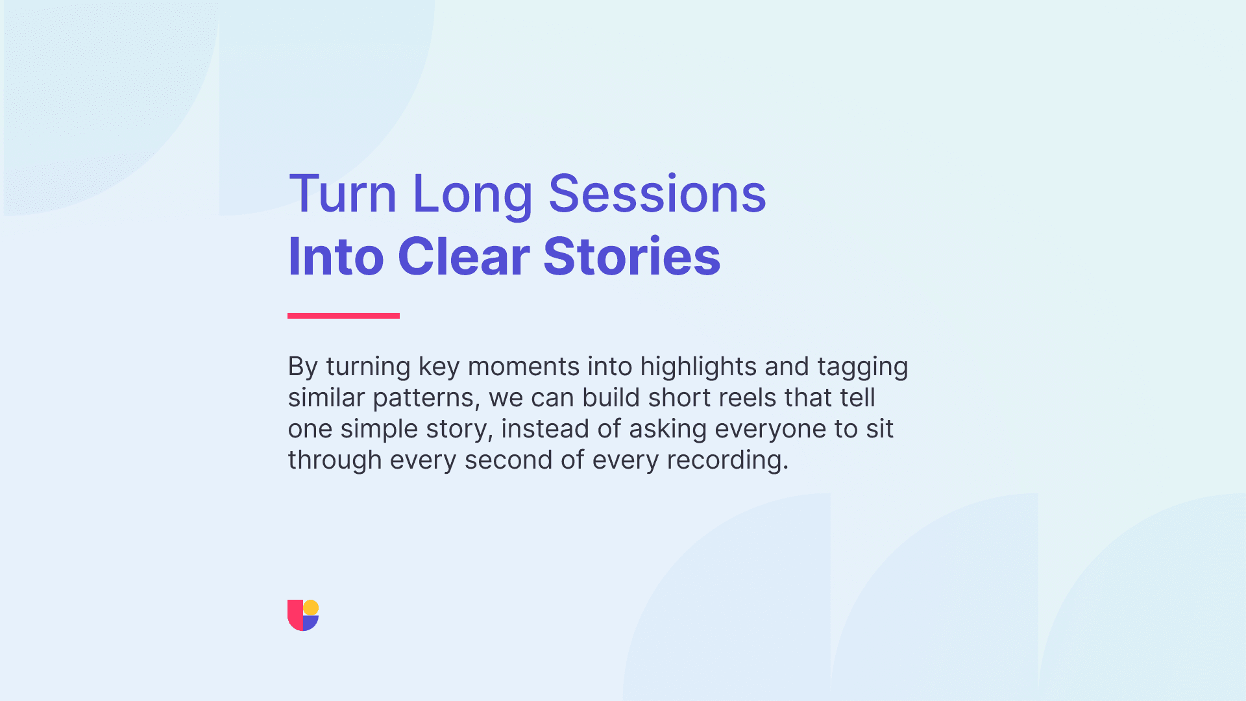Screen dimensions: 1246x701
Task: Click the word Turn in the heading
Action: pyautogui.click(x=343, y=193)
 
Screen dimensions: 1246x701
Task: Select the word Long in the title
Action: pyautogui.click(x=472, y=196)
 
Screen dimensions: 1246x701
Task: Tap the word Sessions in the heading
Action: pyautogui.click(x=657, y=193)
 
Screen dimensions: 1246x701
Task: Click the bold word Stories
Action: pyautogui.click(x=631, y=256)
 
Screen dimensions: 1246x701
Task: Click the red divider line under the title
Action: pyautogui.click(x=343, y=315)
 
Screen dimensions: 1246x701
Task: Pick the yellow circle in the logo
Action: pyautogui.click(x=311, y=608)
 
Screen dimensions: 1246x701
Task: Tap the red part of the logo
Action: pyautogui.click(x=295, y=615)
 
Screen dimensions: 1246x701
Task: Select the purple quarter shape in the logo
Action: pyautogui.click(x=311, y=623)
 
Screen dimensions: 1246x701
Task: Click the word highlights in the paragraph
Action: pyautogui.click(x=698, y=367)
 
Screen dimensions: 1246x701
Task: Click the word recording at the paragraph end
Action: pyautogui.click(x=727, y=461)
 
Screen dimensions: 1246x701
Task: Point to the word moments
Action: pyautogui.click(x=524, y=367)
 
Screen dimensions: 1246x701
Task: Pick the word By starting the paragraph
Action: pyautogui.click(x=303, y=367)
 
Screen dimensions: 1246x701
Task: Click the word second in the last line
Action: pyautogui.click(x=509, y=460)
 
